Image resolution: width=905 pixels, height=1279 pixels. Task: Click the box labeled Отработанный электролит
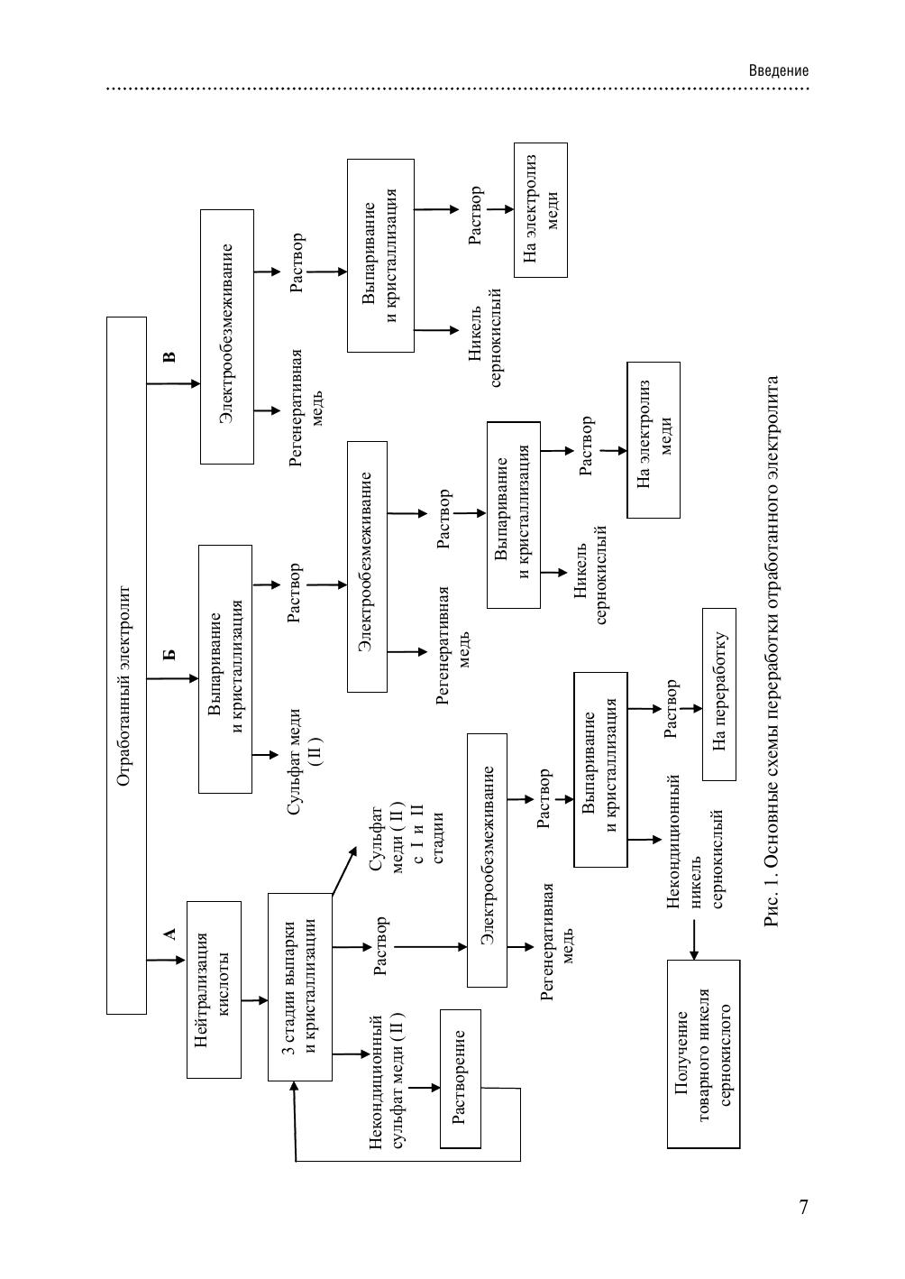[x=126, y=665]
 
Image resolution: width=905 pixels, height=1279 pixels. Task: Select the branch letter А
[x=169, y=934]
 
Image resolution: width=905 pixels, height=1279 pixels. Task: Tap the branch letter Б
[x=169, y=656]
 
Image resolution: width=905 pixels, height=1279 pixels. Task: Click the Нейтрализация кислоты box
[x=214, y=989]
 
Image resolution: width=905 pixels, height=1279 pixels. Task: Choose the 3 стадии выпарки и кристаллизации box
[x=300, y=987]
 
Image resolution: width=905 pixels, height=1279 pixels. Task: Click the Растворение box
[x=460, y=1078]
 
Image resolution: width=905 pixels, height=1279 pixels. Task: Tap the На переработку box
[x=718, y=694]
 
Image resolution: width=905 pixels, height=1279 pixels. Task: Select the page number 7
[x=803, y=1208]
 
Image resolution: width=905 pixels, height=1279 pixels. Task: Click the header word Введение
[x=779, y=71]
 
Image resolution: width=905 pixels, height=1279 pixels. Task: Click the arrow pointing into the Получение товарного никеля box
[x=694, y=938]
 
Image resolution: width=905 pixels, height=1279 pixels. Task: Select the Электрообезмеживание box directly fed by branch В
[x=226, y=336]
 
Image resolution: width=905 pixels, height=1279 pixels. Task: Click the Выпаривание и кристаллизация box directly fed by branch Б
[x=225, y=668]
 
